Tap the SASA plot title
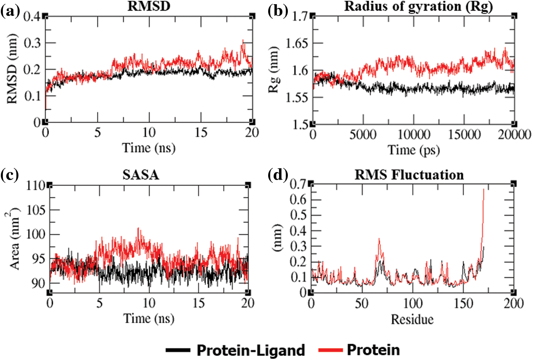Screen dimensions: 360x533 tap(149, 175)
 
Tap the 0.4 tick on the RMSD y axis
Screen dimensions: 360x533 tap(33, 17)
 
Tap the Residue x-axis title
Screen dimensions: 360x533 tap(412, 320)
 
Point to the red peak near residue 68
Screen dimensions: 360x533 tap(379, 239)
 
